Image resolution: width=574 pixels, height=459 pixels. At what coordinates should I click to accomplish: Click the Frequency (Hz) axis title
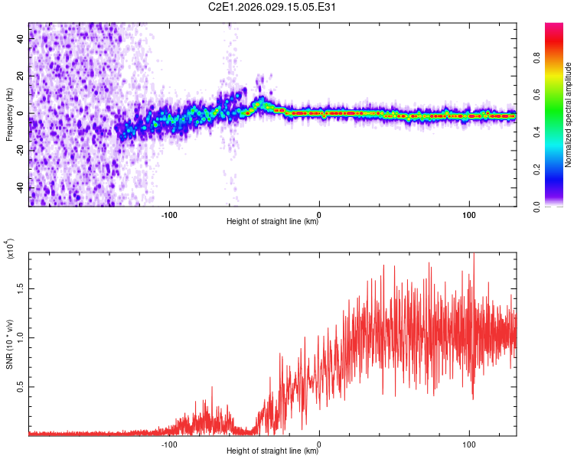pos(9,115)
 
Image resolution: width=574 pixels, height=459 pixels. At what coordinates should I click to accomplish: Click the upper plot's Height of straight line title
pos(272,222)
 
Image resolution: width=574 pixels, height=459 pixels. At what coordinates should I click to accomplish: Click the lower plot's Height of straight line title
pos(272,451)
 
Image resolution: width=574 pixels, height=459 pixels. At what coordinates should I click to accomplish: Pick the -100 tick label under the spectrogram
pos(170,213)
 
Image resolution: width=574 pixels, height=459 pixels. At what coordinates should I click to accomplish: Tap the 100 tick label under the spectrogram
pos(468,213)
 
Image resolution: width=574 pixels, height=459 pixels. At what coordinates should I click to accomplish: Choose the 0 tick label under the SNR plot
pos(319,443)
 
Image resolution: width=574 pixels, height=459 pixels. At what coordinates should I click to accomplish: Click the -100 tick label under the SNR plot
pos(170,443)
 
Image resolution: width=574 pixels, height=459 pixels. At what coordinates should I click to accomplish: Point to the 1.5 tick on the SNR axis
pos(22,288)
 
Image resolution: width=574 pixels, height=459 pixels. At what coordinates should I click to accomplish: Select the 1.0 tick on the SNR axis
pos(22,337)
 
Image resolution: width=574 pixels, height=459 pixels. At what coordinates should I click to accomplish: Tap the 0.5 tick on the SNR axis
pos(22,387)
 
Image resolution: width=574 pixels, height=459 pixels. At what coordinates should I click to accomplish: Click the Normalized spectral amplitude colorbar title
pos(569,115)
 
